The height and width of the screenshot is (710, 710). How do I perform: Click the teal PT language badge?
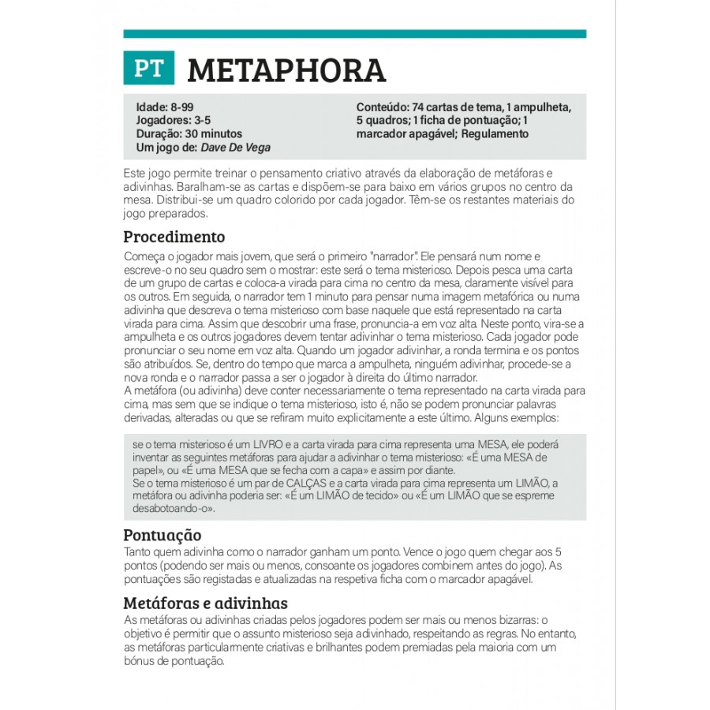point(148,69)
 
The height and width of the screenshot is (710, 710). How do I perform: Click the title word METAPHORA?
point(286,70)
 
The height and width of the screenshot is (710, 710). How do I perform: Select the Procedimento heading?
point(174,237)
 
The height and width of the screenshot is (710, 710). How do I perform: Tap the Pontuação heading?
point(163,534)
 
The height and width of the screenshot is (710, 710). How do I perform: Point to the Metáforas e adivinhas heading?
point(205,603)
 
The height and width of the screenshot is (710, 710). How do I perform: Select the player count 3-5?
point(203,121)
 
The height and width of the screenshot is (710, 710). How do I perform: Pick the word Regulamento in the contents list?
point(495,134)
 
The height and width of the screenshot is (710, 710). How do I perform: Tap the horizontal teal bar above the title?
point(355,34)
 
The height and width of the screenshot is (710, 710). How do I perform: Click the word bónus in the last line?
point(139,661)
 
